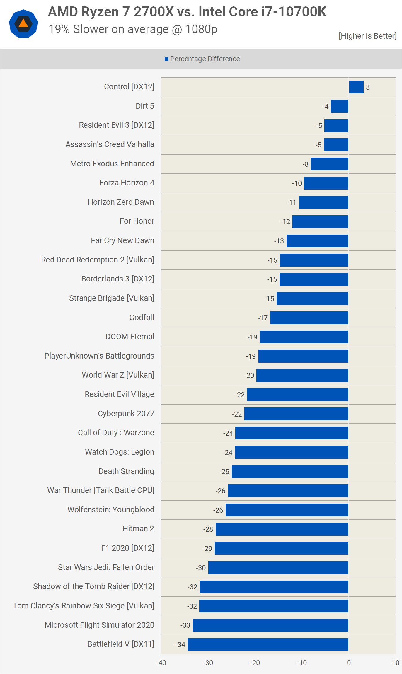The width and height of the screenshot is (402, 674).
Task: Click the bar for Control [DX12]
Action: (x=356, y=87)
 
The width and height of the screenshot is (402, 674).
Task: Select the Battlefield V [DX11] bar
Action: (x=268, y=644)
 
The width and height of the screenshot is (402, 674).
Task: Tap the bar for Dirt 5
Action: (x=339, y=106)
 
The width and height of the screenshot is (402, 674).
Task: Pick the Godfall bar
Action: (x=309, y=318)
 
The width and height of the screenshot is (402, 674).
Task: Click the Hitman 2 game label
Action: (x=138, y=529)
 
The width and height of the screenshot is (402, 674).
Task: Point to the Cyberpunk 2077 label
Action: (x=126, y=414)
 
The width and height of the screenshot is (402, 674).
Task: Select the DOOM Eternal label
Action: (x=130, y=337)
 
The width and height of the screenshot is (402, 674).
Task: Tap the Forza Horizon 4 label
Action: (x=127, y=183)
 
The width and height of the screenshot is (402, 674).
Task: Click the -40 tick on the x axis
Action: (x=161, y=663)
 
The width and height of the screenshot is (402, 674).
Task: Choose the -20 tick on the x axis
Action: (x=255, y=663)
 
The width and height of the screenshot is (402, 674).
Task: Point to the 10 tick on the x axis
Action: (x=396, y=663)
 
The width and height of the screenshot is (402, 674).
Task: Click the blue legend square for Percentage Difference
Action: (x=166, y=59)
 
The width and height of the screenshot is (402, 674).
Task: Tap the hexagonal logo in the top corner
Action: (x=23, y=24)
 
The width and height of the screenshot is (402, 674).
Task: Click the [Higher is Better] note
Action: (x=367, y=36)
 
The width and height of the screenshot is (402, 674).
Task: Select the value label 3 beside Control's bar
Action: (x=368, y=87)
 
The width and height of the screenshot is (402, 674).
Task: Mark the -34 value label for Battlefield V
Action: (x=180, y=645)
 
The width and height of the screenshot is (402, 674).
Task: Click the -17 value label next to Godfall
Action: (x=263, y=318)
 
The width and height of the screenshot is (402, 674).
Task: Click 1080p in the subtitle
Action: (x=201, y=29)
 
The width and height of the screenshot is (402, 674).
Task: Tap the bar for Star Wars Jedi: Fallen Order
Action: (x=278, y=568)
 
